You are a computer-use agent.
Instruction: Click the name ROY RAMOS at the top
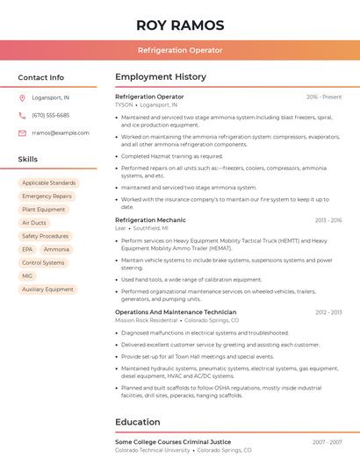click(x=180, y=25)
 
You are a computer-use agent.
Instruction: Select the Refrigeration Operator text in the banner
click(x=180, y=50)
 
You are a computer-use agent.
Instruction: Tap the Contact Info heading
click(x=41, y=77)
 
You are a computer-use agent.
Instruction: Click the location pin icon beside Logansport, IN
click(x=23, y=97)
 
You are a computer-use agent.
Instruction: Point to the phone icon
click(x=23, y=115)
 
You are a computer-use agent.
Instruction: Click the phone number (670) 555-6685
click(x=51, y=115)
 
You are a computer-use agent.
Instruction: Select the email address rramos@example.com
click(x=61, y=132)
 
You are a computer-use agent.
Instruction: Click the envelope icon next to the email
click(x=23, y=132)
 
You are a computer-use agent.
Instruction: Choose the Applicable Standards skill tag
click(x=49, y=183)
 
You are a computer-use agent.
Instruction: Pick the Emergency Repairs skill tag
click(x=47, y=197)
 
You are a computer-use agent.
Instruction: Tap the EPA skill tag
click(x=27, y=249)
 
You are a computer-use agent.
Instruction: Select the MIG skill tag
click(x=27, y=275)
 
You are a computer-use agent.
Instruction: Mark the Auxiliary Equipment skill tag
click(x=48, y=289)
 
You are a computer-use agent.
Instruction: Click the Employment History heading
click(x=161, y=77)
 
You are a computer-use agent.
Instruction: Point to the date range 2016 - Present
click(x=324, y=97)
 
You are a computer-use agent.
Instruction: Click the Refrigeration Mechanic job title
click(x=150, y=220)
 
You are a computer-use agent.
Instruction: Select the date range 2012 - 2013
click(x=328, y=311)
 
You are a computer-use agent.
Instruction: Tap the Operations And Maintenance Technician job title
click(x=176, y=311)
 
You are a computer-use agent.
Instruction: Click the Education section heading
click(x=138, y=422)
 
